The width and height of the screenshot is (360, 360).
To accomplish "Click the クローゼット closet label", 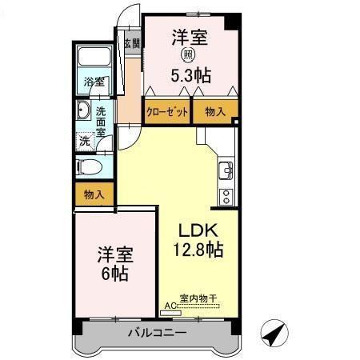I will (x=166, y=113).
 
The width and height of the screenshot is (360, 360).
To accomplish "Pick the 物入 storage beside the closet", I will (x=214, y=113).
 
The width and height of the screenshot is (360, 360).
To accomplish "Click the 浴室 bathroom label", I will (x=94, y=82).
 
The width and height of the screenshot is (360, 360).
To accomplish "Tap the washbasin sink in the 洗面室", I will (x=84, y=112).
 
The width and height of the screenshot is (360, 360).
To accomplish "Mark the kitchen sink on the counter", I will (x=226, y=169).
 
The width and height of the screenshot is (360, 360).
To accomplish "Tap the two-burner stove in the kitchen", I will (x=226, y=194).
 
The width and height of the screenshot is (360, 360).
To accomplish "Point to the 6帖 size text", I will (x=114, y=273).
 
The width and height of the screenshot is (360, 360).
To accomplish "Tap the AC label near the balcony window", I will (x=170, y=306).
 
